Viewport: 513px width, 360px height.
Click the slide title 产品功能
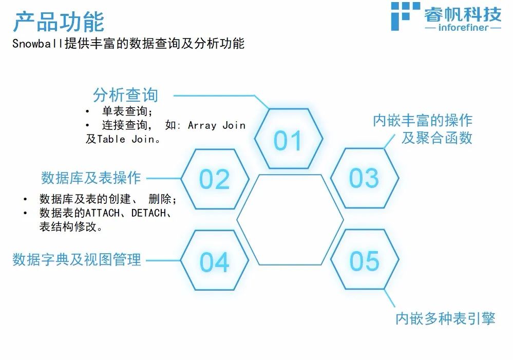[59, 22]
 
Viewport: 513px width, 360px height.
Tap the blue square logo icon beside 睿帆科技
[405, 16]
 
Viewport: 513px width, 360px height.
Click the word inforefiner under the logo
[463, 27]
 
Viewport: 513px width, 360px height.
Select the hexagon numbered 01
[288, 139]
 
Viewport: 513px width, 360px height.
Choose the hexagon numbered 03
[365, 178]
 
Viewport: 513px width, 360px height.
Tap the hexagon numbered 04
[215, 260]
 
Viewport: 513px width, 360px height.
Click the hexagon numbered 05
[365, 259]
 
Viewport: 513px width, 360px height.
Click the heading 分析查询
[126, 95]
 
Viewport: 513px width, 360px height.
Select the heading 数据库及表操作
[91, 178]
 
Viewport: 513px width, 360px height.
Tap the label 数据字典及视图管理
[77, 259]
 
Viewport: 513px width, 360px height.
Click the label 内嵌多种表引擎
[445, 318]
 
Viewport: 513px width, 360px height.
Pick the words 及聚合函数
[437, 138]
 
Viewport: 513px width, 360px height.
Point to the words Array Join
[217, 125]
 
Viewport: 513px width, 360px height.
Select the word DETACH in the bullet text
[148, 213]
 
